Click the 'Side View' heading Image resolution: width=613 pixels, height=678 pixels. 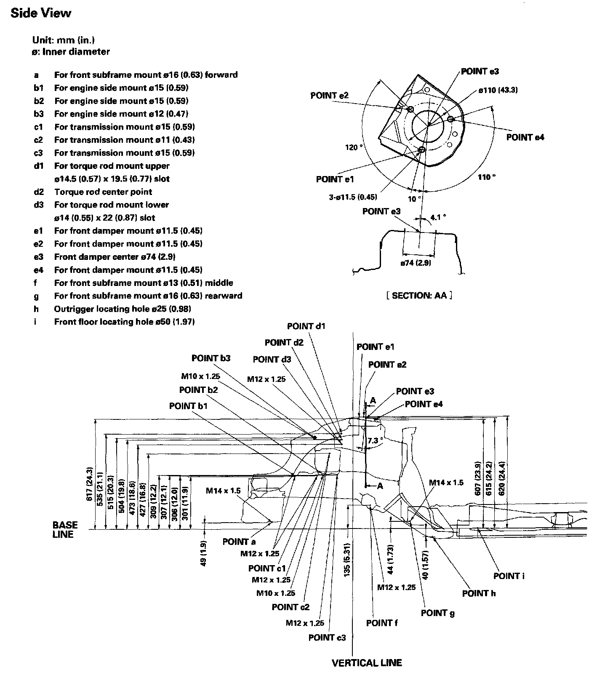[x=41, y=13]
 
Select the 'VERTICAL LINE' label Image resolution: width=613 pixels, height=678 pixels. [x=367, y=663]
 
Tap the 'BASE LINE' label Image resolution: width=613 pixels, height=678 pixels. [x=65, y=530]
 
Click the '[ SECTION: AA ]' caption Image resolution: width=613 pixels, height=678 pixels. [x=419, y=296]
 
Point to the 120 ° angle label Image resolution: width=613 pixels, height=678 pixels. [x=354, y=147]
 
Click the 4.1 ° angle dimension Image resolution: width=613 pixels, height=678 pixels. [x=438, y=217]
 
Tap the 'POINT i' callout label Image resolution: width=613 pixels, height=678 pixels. [x=509, y=576]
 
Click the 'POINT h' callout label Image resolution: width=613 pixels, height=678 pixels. [x=479, y=593]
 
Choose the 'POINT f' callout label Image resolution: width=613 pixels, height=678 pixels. [x=382, y=623]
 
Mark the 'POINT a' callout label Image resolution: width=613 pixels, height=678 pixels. [x=239, y=542]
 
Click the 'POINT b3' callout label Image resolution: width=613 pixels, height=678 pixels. [x=211, y=358]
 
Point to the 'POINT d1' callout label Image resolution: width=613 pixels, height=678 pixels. [x=306, y=326]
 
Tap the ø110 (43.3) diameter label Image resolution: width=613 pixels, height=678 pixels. [x=498, y=90]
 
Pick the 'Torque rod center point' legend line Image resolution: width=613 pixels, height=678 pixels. [x=103, y=192]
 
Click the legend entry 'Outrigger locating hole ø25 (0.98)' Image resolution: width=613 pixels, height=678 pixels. [x=122, y=309]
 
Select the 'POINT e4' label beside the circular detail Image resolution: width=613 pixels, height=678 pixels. [x=525, y=137]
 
